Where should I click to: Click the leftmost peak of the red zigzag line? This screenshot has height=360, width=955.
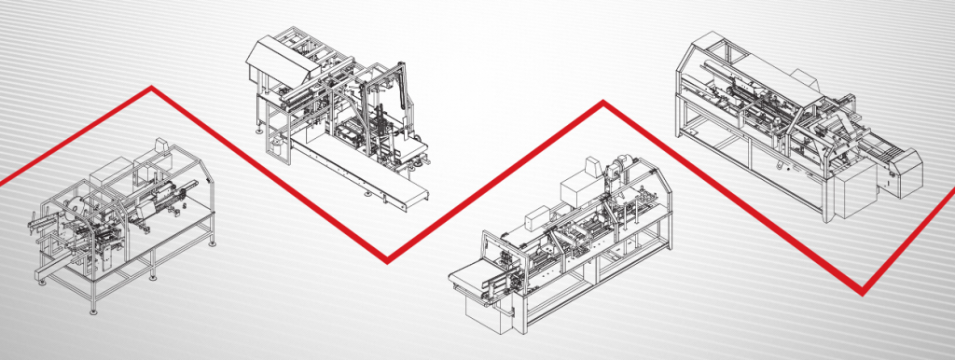pos(150,89)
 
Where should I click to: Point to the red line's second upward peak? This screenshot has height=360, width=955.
pos(603,104)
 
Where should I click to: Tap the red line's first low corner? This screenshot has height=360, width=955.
pos(388,260)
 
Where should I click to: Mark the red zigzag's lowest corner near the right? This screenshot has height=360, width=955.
pos(864,288)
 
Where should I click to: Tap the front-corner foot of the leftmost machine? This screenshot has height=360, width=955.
pos(91,310)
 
